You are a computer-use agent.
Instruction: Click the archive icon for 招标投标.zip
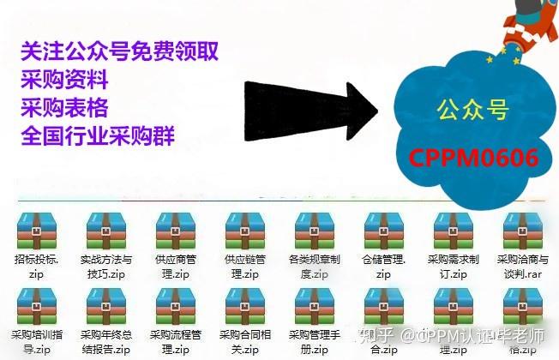pos(36,231)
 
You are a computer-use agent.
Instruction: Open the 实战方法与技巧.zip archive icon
pos(105,231)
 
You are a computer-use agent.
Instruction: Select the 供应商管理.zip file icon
pos(175,231)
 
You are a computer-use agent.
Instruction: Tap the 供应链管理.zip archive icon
pos(244,231)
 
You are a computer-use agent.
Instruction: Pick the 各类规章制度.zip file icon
pos(314,231)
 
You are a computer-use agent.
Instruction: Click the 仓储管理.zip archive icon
pos(383,231)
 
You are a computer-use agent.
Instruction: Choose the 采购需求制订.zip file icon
pos(453,231)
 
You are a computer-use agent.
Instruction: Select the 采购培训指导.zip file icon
pos(36,305)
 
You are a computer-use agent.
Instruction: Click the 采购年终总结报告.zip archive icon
pos(105,305)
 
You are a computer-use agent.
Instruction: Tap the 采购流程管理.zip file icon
pos(175,305)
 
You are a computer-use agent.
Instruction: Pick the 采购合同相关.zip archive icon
pos(244,305)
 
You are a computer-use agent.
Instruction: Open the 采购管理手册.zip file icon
pos(314,305)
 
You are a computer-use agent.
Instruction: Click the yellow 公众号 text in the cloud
pos(472,110)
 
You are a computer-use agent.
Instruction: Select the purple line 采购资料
pos(65,81)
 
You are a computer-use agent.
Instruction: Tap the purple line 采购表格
pos(65,108)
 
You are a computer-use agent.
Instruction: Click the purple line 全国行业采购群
pos(98,135)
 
